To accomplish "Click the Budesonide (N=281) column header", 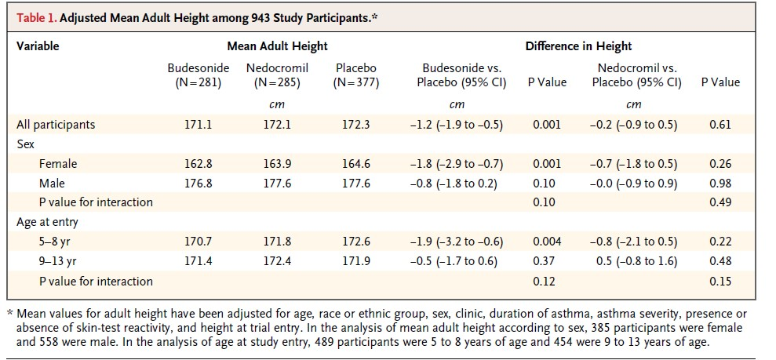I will pos(199,75).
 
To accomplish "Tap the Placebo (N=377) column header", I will pos(355,75).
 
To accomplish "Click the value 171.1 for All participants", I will pos(199,125).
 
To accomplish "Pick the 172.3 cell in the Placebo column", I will pos(355,125).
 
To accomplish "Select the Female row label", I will pos(58,164).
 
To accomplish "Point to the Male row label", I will pos(53,183).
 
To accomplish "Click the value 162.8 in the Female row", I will pos(199,164).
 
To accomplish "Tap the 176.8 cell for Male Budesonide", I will pos(199,183).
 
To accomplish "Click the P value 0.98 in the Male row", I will pos(720,183).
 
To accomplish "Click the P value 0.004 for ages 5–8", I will pos(547,242).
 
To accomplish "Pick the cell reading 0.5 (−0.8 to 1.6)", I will pos(634,260).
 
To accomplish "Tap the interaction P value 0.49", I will pos(720,202).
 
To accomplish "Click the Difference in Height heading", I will pos(578,46).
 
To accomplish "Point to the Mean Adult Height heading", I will pos(277,46).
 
